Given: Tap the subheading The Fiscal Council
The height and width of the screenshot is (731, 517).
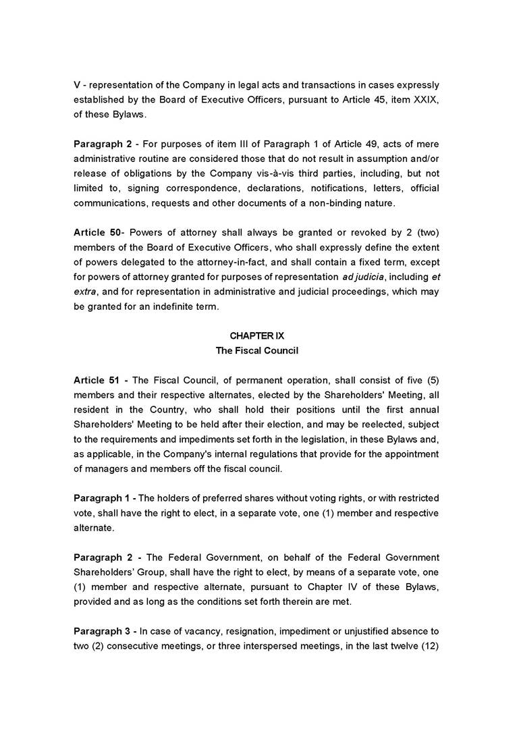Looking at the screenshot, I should click(x=256, y=350).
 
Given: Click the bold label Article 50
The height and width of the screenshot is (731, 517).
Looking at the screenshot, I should click(x=97, y=233).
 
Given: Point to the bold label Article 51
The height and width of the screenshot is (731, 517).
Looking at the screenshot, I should click(x=97, y=380).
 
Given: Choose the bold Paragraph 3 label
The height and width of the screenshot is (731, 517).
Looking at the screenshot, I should click(x=103, y=631).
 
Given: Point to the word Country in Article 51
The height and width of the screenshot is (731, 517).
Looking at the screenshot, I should click(x=158, y=410).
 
